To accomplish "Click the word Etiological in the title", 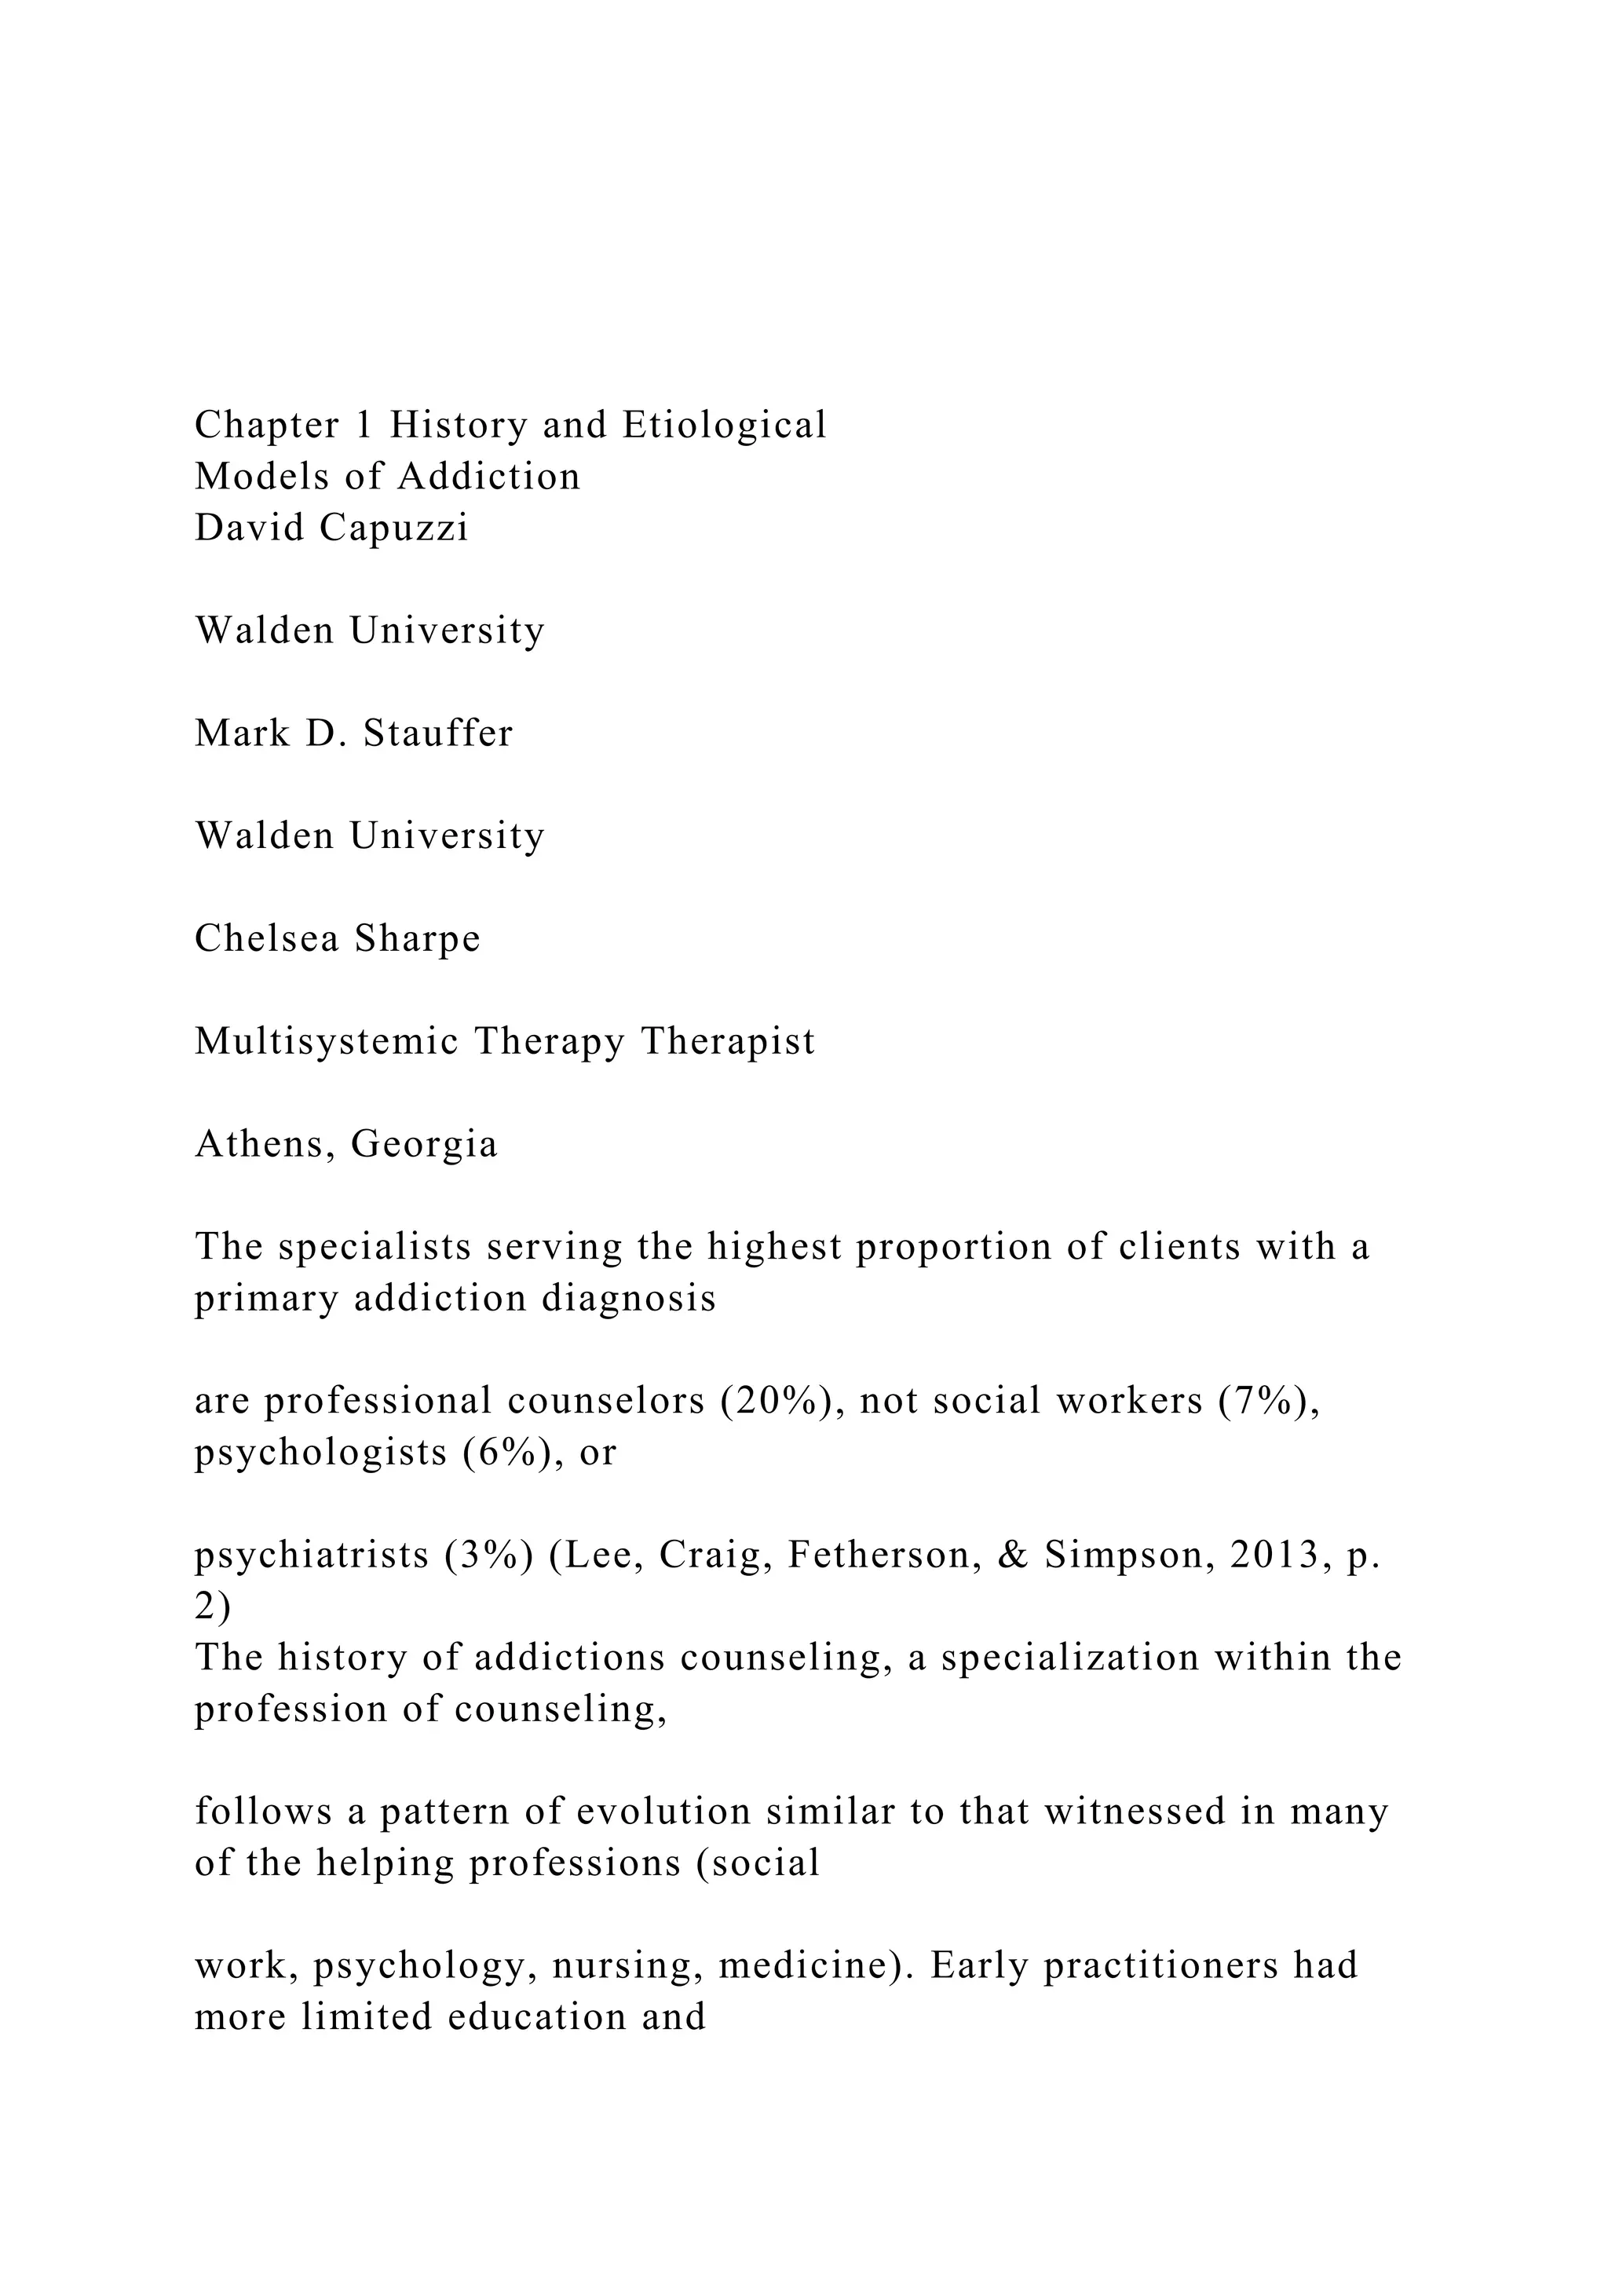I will [x=724, y=426].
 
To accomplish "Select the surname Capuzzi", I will [x=393, y=529].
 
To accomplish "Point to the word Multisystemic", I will [x=327, y=1042].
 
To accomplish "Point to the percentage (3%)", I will [x=489, y=1556].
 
